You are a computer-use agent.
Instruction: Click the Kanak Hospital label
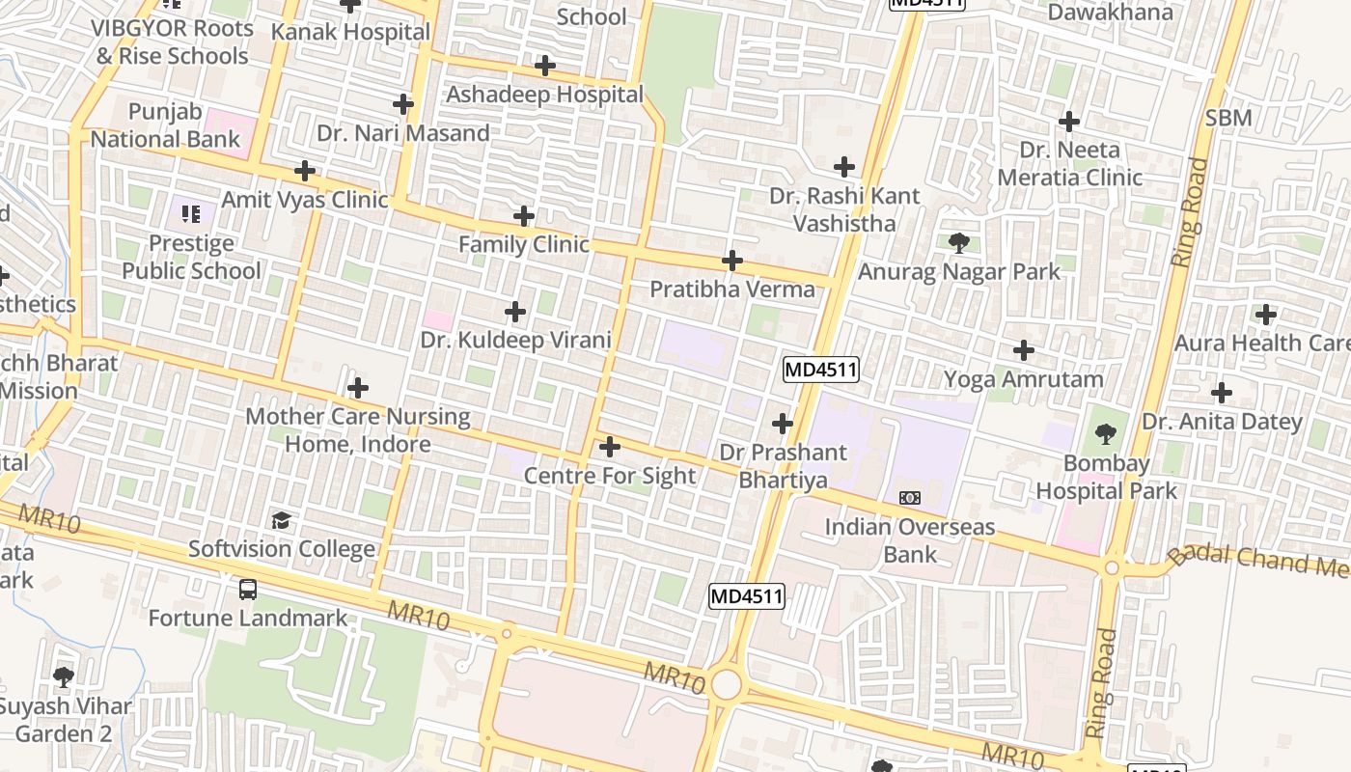(350, 32)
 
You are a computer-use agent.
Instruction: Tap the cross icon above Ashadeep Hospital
(545, 66)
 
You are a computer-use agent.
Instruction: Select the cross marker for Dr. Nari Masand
(403, 104)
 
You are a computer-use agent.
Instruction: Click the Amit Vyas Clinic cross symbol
(305, 172)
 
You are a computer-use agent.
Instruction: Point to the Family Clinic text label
(523, 244)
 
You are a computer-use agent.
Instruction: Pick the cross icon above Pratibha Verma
(732, 261)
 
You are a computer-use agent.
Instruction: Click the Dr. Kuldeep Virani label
(515, 340)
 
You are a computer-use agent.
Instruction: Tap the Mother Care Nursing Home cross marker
(358, 389)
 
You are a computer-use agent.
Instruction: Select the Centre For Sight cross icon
(610, 447)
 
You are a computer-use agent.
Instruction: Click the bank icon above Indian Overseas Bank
(909, 498)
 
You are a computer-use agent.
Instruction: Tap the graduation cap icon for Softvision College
(281, 521)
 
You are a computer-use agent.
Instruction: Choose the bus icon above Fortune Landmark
(248, 589)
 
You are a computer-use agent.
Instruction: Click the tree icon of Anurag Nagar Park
(958, 242)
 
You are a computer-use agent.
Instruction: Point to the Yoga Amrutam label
(1023, 379)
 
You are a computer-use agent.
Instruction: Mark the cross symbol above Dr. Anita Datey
(1222, 393)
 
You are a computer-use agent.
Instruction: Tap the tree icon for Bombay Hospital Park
(1106, 434)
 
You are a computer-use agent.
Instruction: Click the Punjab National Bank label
(165, 125)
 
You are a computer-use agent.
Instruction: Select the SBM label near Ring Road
(1228, 118)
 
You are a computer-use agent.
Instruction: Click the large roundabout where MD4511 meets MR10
(726, 684)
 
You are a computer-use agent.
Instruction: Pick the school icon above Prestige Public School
(191, 213)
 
